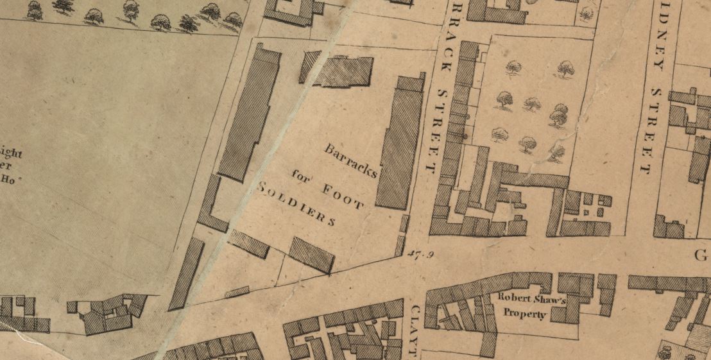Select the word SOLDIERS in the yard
(x=296, y=204)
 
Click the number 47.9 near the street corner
(x=421, y=253)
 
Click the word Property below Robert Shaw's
(x=524, y=314)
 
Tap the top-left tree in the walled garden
(x=513, y=67)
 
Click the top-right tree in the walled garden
(x=565, y=68)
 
